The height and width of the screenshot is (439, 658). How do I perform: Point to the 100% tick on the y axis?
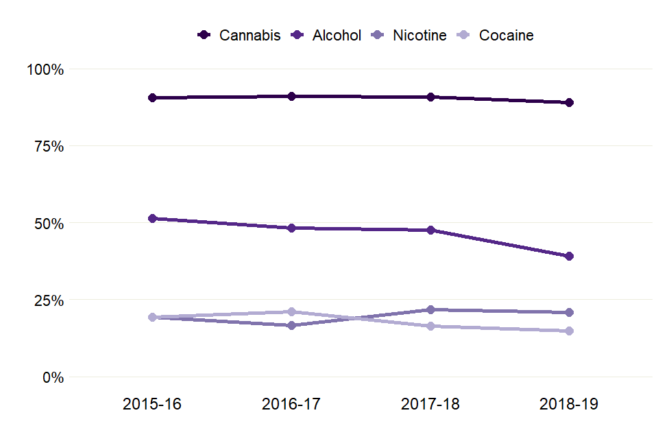pos(45,69)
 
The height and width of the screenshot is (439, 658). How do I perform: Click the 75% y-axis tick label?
pos(48,146)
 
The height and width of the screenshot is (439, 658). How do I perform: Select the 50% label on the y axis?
pos(48,224)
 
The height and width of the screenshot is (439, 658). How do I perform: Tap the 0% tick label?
pos(52,377)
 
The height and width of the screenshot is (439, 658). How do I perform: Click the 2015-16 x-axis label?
pos(152,405)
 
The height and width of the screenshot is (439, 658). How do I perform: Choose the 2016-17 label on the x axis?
pos(291,405)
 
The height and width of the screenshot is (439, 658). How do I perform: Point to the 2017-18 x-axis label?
pos(430,405)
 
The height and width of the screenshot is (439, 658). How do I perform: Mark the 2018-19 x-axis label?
pos(569,405)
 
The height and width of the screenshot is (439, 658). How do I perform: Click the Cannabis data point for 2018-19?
pos(569,103)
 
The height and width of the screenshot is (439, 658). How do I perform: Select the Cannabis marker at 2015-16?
pos(152,98)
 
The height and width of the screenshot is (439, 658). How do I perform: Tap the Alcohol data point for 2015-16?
pos(152,218)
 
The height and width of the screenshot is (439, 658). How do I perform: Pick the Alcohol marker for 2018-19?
pos(569,257)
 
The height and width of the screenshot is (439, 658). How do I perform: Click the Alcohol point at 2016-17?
pos(291,228)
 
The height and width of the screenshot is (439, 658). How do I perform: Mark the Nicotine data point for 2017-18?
pos(430,309)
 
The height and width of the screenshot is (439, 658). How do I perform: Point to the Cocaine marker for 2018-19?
pos(569,331)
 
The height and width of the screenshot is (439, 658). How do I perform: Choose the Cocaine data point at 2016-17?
pos(291,311)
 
